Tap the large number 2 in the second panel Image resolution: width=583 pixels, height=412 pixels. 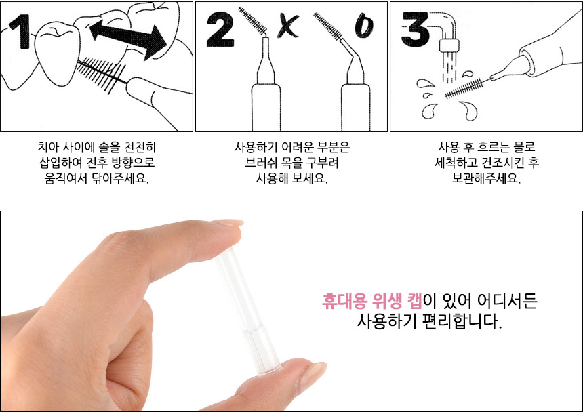(220, 29)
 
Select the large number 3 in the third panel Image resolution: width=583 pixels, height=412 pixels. (415, 29)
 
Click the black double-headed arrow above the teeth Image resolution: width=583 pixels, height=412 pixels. (128, 39)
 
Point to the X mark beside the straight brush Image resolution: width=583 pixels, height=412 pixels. (288, 26)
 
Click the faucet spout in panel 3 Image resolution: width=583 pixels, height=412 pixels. (446, 32)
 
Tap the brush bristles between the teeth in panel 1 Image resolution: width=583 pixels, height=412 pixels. (101, 75)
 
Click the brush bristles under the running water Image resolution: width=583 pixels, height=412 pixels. (464, 88)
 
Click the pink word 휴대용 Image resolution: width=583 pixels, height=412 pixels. (344, 301)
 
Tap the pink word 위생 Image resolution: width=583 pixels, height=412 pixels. (386, 301)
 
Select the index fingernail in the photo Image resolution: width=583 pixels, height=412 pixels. (228, 223)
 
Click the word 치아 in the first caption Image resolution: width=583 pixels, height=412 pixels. (48, 147)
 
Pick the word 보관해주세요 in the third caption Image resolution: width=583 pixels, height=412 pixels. (486, 178)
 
